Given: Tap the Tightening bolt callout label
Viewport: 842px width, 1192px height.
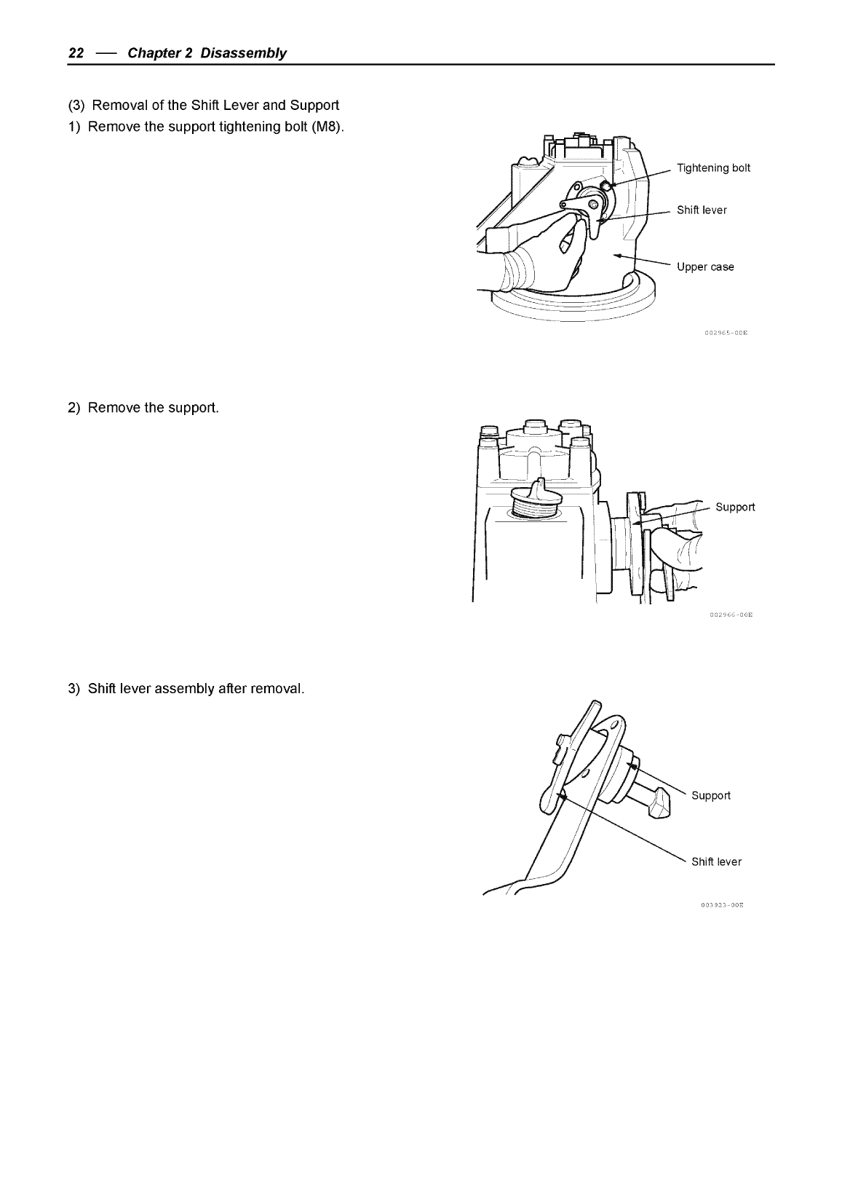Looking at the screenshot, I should (x=713, y=168).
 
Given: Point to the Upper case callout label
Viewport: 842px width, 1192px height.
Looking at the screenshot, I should (x=705, y=267).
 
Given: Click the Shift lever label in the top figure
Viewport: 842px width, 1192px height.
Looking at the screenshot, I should (x=702, y=210).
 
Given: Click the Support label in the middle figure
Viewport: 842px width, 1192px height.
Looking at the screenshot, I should (x=735, y=507).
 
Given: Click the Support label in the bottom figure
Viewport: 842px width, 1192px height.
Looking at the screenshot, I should (x=710, y=796).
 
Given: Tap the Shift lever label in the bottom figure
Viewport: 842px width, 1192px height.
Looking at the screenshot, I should (x=716, y=862).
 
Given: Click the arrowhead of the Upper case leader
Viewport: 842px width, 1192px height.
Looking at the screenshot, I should (x=616, y=256).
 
